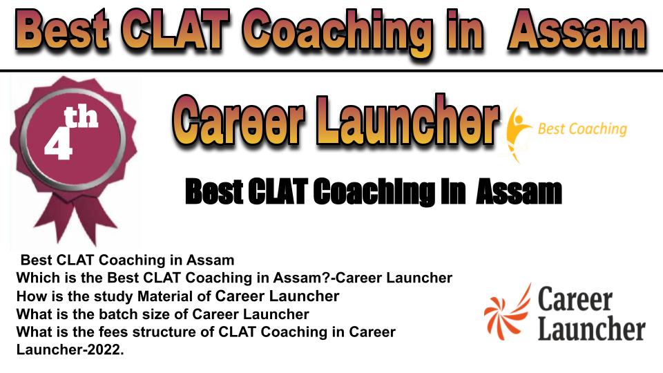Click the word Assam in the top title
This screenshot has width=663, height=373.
point(577,30)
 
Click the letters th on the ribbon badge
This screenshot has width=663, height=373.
point(81,117)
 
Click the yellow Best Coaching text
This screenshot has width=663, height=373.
point(582,129)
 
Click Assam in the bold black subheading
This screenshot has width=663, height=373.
point(519,192)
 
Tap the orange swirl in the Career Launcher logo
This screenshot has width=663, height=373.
point(506,313)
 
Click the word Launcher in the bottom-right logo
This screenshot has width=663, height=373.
point(592,329)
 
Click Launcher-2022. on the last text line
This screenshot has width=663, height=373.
point(70,350)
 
